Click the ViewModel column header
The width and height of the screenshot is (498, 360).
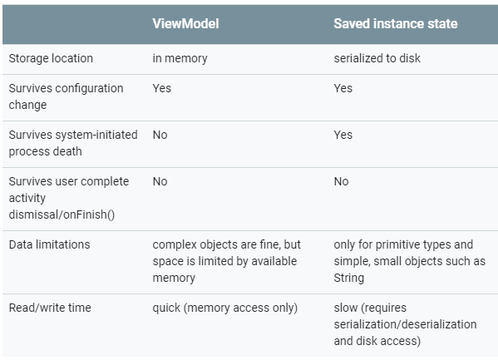(x=185, y=23)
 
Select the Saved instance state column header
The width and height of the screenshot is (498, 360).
(x=396, y=23)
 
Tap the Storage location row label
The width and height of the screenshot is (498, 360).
(x=51, y=58)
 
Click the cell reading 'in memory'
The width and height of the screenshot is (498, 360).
(x=180, y=58)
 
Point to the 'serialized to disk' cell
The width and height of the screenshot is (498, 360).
(x=377, y=58)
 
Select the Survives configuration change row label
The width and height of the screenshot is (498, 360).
(x=66, y=96)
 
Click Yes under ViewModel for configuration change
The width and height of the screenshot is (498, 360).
(x=161, y=88)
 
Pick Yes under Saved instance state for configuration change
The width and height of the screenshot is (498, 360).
(x=343, y=88)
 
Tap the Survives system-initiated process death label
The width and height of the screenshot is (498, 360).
(x=73, y=143)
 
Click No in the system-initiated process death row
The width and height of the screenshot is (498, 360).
(x=160, y=135)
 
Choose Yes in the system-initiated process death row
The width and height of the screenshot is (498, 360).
(x=343, y=135)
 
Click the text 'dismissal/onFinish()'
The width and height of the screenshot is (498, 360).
(x=62, y=215)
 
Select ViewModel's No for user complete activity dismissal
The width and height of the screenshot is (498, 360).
(x=160, y=181)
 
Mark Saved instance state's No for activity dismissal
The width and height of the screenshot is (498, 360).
(x=341, y=181)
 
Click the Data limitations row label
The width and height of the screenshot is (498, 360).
(x=50, y=244)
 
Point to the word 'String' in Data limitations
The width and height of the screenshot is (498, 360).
(x=348, y=278)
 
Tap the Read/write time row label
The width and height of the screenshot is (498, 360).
(x=50, y=308)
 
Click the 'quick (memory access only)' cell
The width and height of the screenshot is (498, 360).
(x=224, y=308)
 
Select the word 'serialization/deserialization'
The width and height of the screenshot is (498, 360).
(x=405, y=324)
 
